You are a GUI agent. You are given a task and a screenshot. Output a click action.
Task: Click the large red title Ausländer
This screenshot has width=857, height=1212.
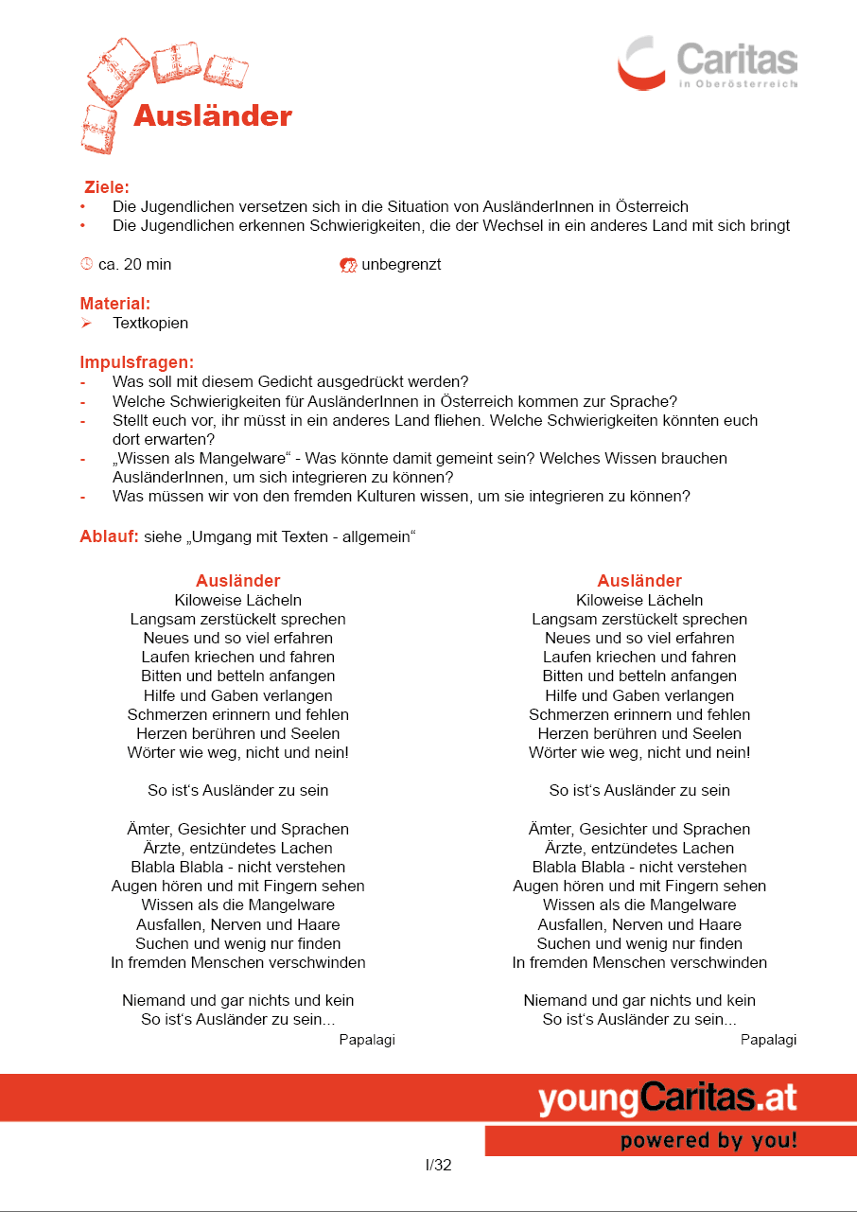(213, 115)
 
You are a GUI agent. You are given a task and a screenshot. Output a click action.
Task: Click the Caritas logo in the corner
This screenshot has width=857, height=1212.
(707, 62)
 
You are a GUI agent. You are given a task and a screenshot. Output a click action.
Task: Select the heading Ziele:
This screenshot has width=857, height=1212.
(106, 187)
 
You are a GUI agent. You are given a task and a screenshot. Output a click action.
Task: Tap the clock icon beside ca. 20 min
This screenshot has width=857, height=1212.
(86, 264)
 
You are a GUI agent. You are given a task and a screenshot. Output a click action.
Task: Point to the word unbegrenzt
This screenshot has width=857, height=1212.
(401, 264)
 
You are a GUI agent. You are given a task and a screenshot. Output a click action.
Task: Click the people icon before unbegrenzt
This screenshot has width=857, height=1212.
(347, 265)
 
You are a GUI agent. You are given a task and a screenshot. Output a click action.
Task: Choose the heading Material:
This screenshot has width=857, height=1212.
(114, 304)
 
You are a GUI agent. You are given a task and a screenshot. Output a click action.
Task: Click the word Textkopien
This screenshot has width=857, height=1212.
(150, 323)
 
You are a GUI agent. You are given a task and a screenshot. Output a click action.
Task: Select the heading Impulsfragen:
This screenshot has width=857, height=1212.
(136, 362)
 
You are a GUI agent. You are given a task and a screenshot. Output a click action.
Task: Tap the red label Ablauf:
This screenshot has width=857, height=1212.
(109, 537)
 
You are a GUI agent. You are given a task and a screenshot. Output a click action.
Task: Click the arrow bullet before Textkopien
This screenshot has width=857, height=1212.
(85, 323)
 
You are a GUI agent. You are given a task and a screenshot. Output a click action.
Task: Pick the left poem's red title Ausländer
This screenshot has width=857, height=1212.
(237, 581)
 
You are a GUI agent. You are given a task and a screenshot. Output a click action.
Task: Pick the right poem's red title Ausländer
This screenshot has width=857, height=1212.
(639, 581)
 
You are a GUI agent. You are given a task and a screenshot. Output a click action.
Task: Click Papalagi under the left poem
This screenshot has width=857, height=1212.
(367, 1040)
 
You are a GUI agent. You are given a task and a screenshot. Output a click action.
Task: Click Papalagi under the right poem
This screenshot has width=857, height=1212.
(768, 1040)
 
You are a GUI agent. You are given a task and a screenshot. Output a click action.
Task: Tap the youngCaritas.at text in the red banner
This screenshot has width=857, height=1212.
(668, 1099)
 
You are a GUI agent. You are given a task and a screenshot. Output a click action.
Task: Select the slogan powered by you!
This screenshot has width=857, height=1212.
(708, 1141)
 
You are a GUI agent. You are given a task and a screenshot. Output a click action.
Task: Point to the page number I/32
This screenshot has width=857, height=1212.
(438, 1166)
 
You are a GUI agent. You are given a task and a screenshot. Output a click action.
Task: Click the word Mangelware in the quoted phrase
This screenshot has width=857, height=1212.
(236, 458)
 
